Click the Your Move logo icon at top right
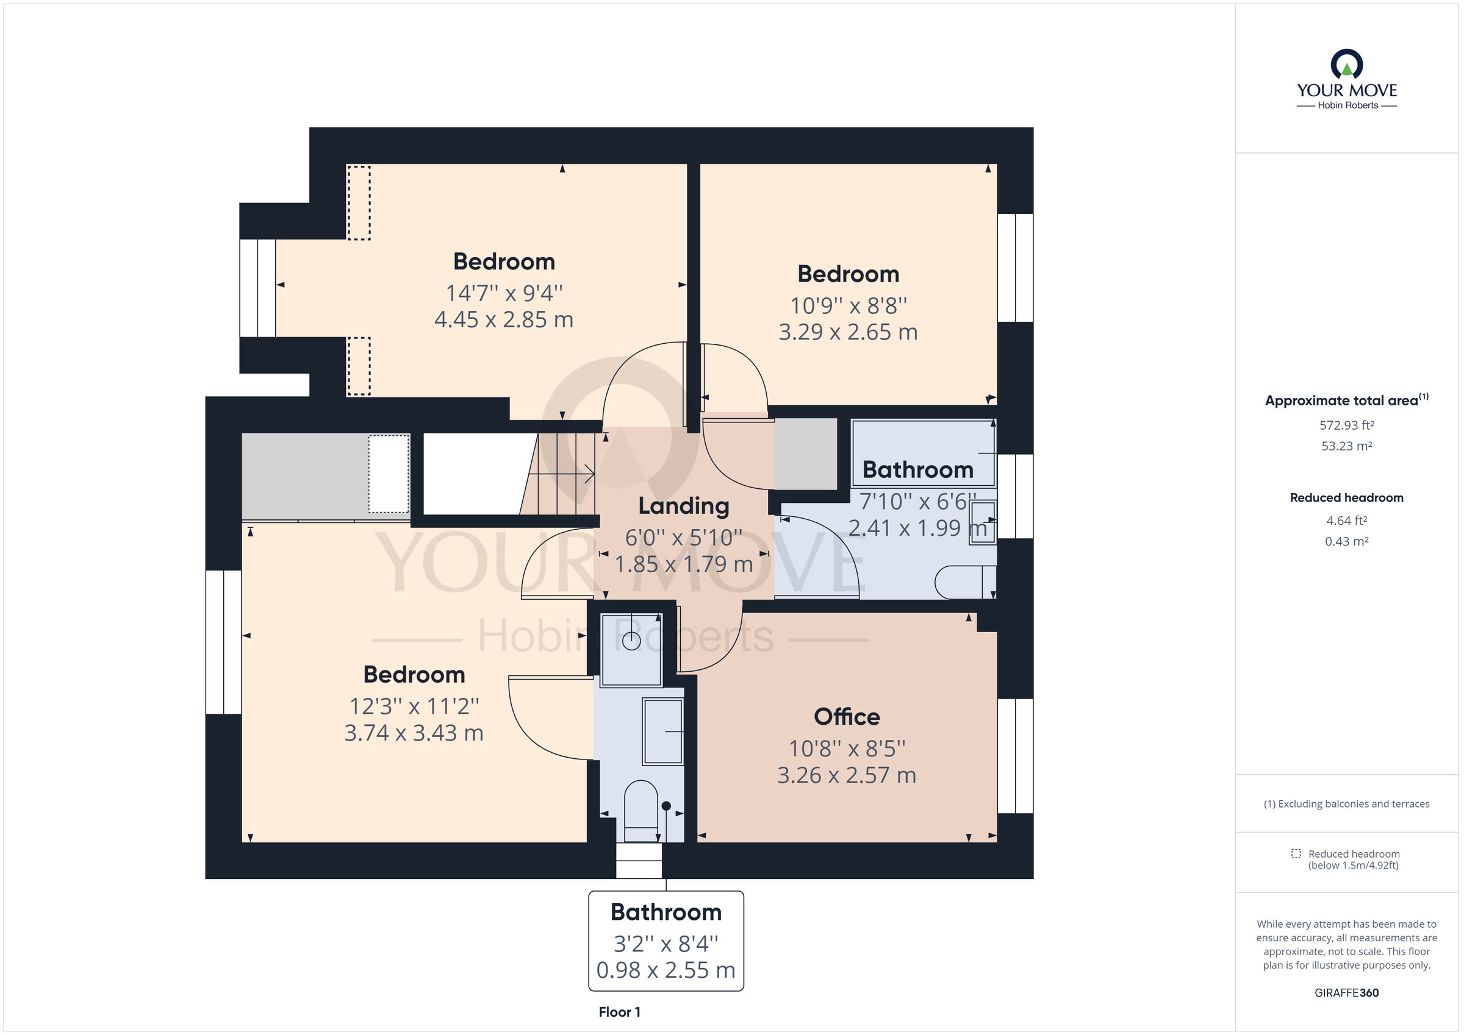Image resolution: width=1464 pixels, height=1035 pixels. pyautogui.click(x=1346, y=65)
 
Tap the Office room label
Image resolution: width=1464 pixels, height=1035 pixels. pyautogui.click(x=846, y=717)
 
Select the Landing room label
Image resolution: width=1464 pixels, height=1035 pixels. pyautogui.click(x=684, y=506)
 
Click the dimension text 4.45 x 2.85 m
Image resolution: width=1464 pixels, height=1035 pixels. pyautogui.click(x=504, y=319)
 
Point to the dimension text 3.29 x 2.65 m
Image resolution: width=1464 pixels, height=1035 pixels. pyautogui.click(x=847, y=332)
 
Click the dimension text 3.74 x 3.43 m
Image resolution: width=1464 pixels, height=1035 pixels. pyautogui.click(x=414, y=733)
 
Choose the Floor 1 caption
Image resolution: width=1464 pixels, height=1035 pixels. pyautogui.click(x=619, y=1012)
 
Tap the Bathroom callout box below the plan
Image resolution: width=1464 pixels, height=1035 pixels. pyautogui.click(x=666, y=941)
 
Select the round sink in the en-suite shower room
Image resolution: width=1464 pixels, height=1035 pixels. pyautogui.click(x=631, y=641)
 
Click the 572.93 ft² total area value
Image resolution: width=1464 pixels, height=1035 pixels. pyautogui.click(x=1346, y=425)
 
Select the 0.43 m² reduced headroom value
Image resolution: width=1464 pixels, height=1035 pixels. pyautogui.click(x=1346, y=541)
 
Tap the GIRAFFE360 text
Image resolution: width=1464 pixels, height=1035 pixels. pyautogui.click(x=1346, y=993)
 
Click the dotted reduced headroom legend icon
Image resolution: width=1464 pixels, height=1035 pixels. pyautogui.click(x=1296, y=853)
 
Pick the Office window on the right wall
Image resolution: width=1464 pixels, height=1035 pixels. pyautogui.click(x=1015, y=756)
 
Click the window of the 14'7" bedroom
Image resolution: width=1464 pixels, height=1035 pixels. pyautogui.click(x=257, y=288)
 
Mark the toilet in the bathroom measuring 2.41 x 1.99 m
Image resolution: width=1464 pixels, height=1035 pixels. pyautogui.click(x=964, y=582)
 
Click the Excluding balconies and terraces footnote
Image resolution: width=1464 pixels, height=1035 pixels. pyautogui.click(x=1346, y=803)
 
